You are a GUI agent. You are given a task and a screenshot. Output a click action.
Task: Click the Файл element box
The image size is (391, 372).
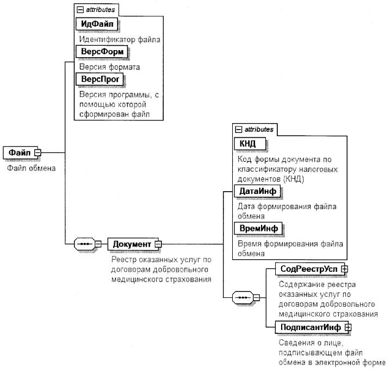(x=18, y=153)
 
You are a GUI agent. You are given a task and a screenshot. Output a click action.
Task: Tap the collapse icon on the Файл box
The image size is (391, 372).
(x=38, y=153)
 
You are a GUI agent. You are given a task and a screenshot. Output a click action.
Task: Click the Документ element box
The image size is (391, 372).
(x=132, y=243)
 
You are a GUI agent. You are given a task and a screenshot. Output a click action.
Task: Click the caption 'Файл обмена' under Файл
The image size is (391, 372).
(x=31, y=168)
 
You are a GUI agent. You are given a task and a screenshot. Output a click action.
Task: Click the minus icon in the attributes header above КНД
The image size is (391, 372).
(x=238, y=129)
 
